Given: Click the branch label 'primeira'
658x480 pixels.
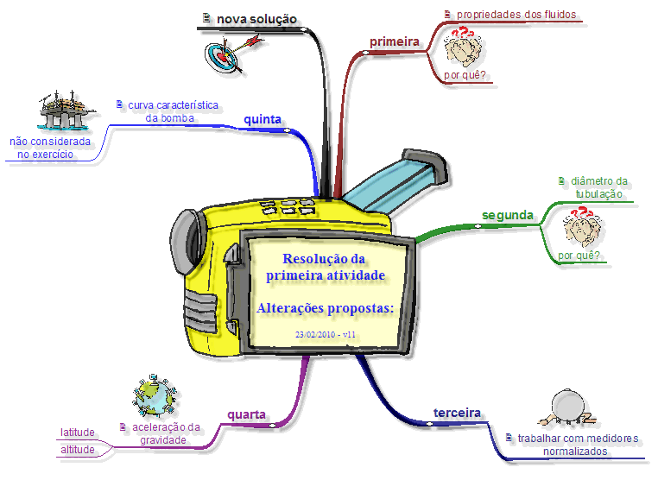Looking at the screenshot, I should (x=395, y=41).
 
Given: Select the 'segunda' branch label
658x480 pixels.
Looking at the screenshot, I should (x=507, y=215).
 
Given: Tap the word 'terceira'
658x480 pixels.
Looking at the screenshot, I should (x=456, y=414).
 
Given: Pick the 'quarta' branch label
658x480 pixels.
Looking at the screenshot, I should (x=246, y=415).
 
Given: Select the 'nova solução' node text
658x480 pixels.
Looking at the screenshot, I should (x=256, y=18).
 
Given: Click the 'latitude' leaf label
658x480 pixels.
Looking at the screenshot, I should (x=78, y=433).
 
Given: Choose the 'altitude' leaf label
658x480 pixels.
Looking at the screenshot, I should (x=78, y=450).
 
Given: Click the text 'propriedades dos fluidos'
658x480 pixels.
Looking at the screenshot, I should (x=516, y=15).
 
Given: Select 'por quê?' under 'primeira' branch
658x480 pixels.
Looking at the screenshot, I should (x=464, y=75).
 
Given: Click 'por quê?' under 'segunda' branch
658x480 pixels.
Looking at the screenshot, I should (x=579, y=256).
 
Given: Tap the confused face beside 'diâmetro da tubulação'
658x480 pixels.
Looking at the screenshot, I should (x=582, y=226).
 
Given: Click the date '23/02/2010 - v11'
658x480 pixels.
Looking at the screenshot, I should (x=326, y=334).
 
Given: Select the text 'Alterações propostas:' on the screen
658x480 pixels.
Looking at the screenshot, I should (x=326, y=308).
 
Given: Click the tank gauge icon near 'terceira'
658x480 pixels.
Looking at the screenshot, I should (x=567, y=407).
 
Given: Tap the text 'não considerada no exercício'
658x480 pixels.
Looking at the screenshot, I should (x=50, y=148).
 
